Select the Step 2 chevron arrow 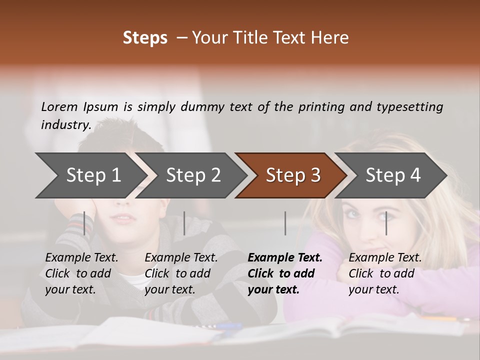[193, 175]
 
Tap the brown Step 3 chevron [293, 175]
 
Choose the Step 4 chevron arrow [393, 175]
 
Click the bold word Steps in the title [145, 38]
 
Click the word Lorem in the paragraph [59, 107]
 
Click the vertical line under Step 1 [84, 223]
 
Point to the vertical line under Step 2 [184, 223]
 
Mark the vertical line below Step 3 [285, 223]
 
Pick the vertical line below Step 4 [386, 223]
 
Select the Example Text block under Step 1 [81, 273]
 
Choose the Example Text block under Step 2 [181, 273]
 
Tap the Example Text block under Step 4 [385, 273]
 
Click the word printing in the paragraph [319, 107]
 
